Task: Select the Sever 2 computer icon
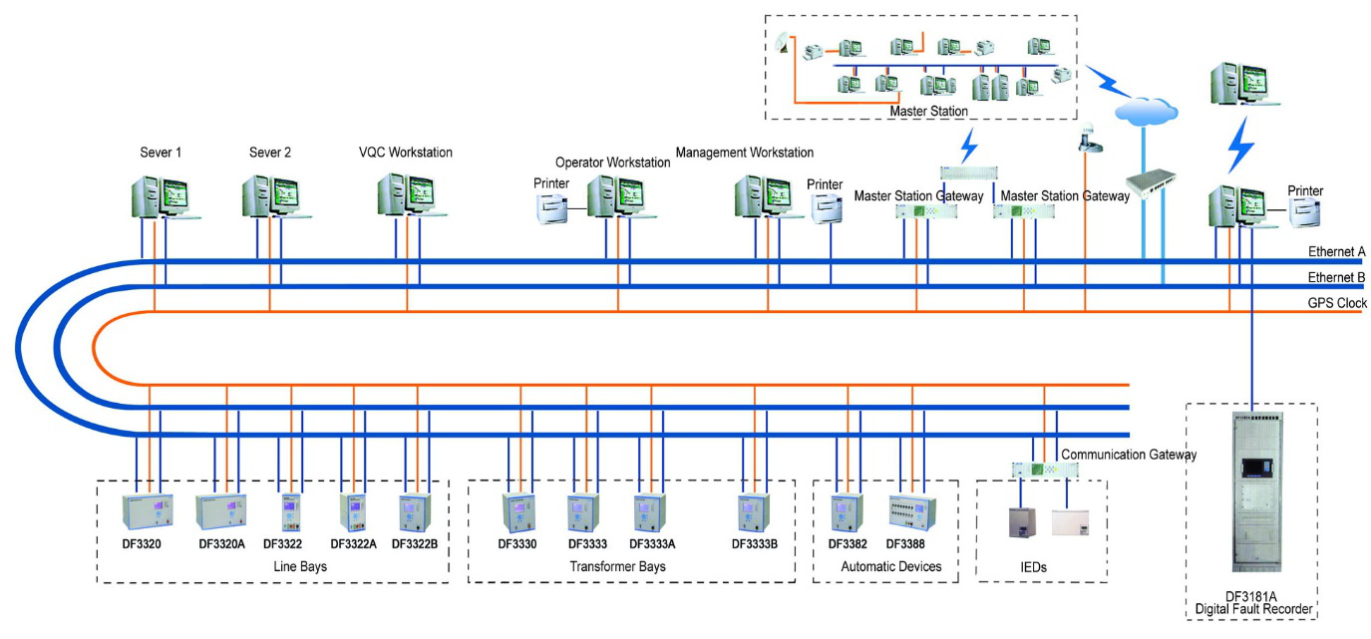[x=269, y=196]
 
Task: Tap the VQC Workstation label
[x=406, y=153]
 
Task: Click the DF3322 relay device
[x=290, y=514]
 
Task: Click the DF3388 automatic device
[x=912, y=512]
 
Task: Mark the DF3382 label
[x=848, y=544]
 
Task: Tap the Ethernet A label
[x=1336, y=252]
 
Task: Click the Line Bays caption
[x=299, y=567]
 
